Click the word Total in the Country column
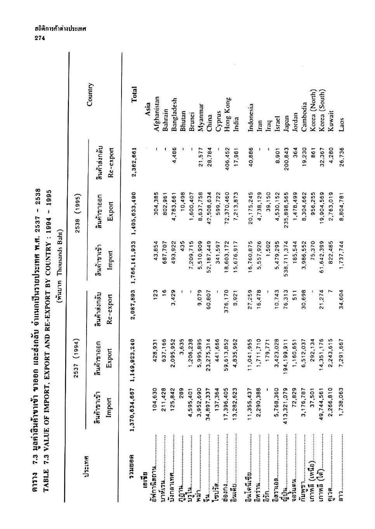[134, 95]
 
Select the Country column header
[90, 95]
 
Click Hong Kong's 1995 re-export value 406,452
[228, 155]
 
